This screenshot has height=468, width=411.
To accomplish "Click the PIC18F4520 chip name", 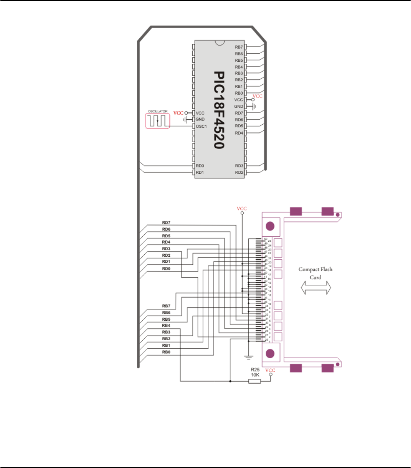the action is click(218, 109).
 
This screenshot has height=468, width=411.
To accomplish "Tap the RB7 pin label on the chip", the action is click(239, 46).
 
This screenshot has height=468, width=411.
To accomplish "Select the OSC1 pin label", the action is click(201, 126).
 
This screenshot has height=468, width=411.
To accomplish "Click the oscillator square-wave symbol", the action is click(158, 121).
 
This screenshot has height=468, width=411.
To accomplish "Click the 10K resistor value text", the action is click(255, 375).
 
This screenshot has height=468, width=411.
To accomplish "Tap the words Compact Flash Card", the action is click(315, 273).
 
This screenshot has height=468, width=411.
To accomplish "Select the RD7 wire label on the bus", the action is click(166, 222).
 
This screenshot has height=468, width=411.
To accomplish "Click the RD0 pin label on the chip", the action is click(200, 166).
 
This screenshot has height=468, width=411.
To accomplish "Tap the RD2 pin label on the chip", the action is click(239, 172).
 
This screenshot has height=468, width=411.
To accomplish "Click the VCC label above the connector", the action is click(242, 209).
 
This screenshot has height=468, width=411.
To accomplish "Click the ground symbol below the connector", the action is click(248, 356).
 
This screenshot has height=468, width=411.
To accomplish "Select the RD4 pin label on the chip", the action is click(239, 133).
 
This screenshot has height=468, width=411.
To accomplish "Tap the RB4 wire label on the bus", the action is click(166, 325).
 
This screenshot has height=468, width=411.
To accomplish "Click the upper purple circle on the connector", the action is click(270, 226).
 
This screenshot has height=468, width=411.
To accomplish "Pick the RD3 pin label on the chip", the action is click(239, 166).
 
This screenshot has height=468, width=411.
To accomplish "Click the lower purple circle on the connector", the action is click(270, 353).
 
